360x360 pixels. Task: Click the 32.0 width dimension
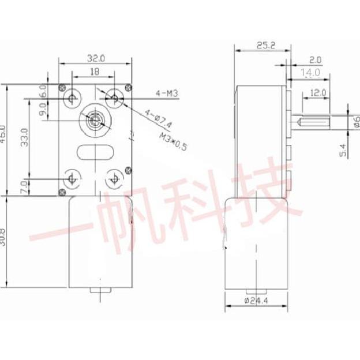pos(96,58)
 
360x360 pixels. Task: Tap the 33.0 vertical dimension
pos(24,138)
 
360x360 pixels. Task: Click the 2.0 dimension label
pos(315,59)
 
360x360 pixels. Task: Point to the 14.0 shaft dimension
pos(310,73)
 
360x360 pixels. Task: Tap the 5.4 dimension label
pos(343,150)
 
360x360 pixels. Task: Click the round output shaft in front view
pos(93,121)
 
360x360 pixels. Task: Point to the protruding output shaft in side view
pos(311,122)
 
